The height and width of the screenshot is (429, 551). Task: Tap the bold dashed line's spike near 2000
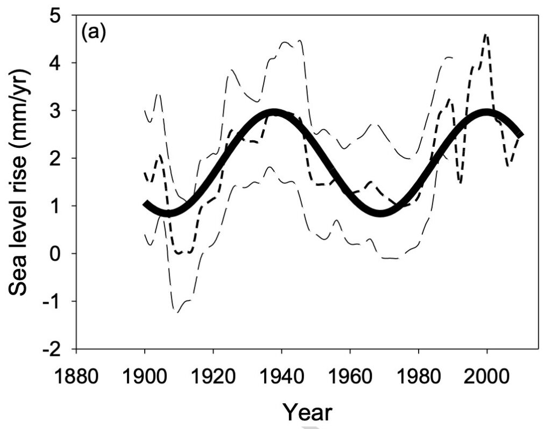point(486,35)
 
